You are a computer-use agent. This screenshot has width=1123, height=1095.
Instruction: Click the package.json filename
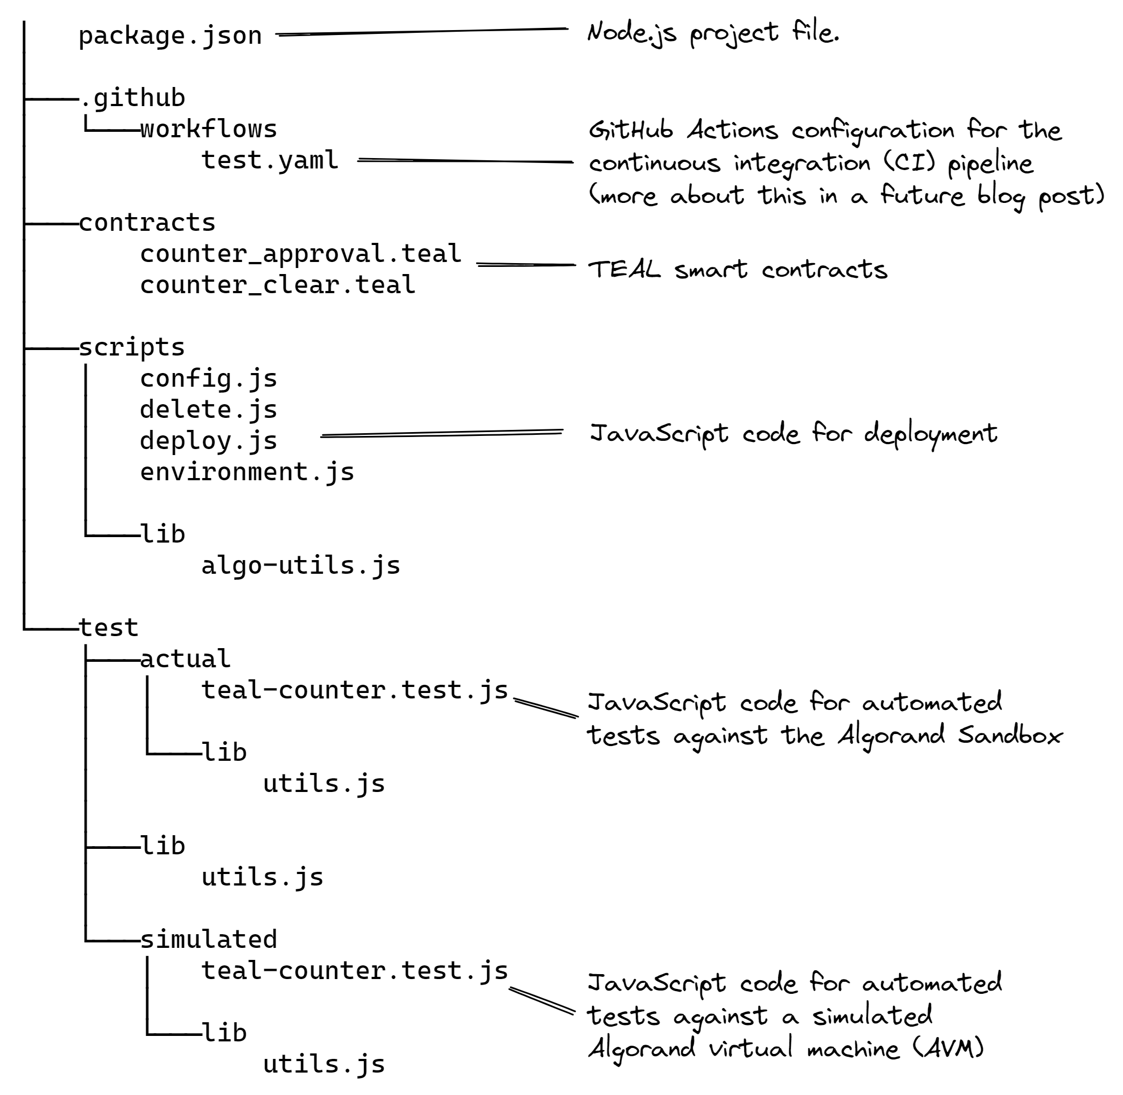(170, 36)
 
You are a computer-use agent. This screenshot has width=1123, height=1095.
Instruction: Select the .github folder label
(133, 98)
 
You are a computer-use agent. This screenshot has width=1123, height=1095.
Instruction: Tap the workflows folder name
(209, 130)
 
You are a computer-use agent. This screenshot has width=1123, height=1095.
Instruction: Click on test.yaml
(269, 160)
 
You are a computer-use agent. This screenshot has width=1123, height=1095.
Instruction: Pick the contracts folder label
(147, 223)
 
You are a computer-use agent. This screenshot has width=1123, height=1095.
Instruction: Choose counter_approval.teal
(300, 254)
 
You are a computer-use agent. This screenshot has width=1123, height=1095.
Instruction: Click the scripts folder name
(132, 347)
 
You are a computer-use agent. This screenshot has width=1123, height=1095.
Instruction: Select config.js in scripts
(209, 379)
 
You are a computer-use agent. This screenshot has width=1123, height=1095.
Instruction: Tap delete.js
(209, 410)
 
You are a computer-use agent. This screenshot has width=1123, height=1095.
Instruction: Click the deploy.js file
(209, 441)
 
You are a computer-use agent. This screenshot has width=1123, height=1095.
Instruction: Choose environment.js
(247, 472)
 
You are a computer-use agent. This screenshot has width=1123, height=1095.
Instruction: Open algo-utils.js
(300, 566)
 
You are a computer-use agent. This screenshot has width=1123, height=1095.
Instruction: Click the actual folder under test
(185, 659)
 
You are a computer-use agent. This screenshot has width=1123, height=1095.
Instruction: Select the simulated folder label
(209, 940)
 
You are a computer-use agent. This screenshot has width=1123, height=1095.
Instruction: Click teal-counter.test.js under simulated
(355, 971)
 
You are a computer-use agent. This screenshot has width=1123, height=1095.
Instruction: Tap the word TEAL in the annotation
(624, 269)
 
